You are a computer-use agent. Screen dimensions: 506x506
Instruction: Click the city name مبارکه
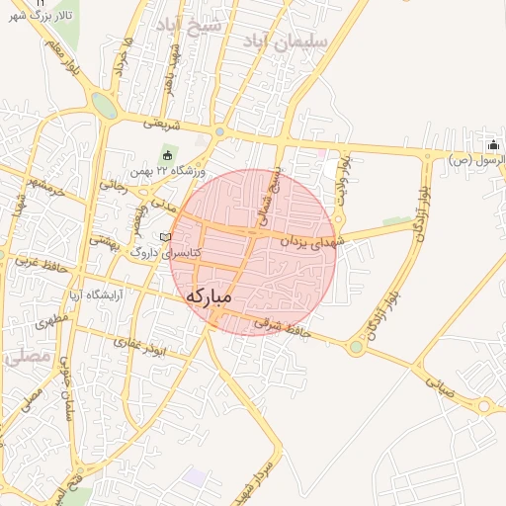click(209, 295)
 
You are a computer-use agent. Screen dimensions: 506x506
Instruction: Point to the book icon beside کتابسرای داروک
click(165, 237)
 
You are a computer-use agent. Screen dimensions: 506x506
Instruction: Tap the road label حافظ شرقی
click(282, 323)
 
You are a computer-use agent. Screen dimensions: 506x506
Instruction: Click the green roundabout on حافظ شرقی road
click(356, 347)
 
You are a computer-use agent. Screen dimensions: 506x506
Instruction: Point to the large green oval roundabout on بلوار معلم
click(103, 103)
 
